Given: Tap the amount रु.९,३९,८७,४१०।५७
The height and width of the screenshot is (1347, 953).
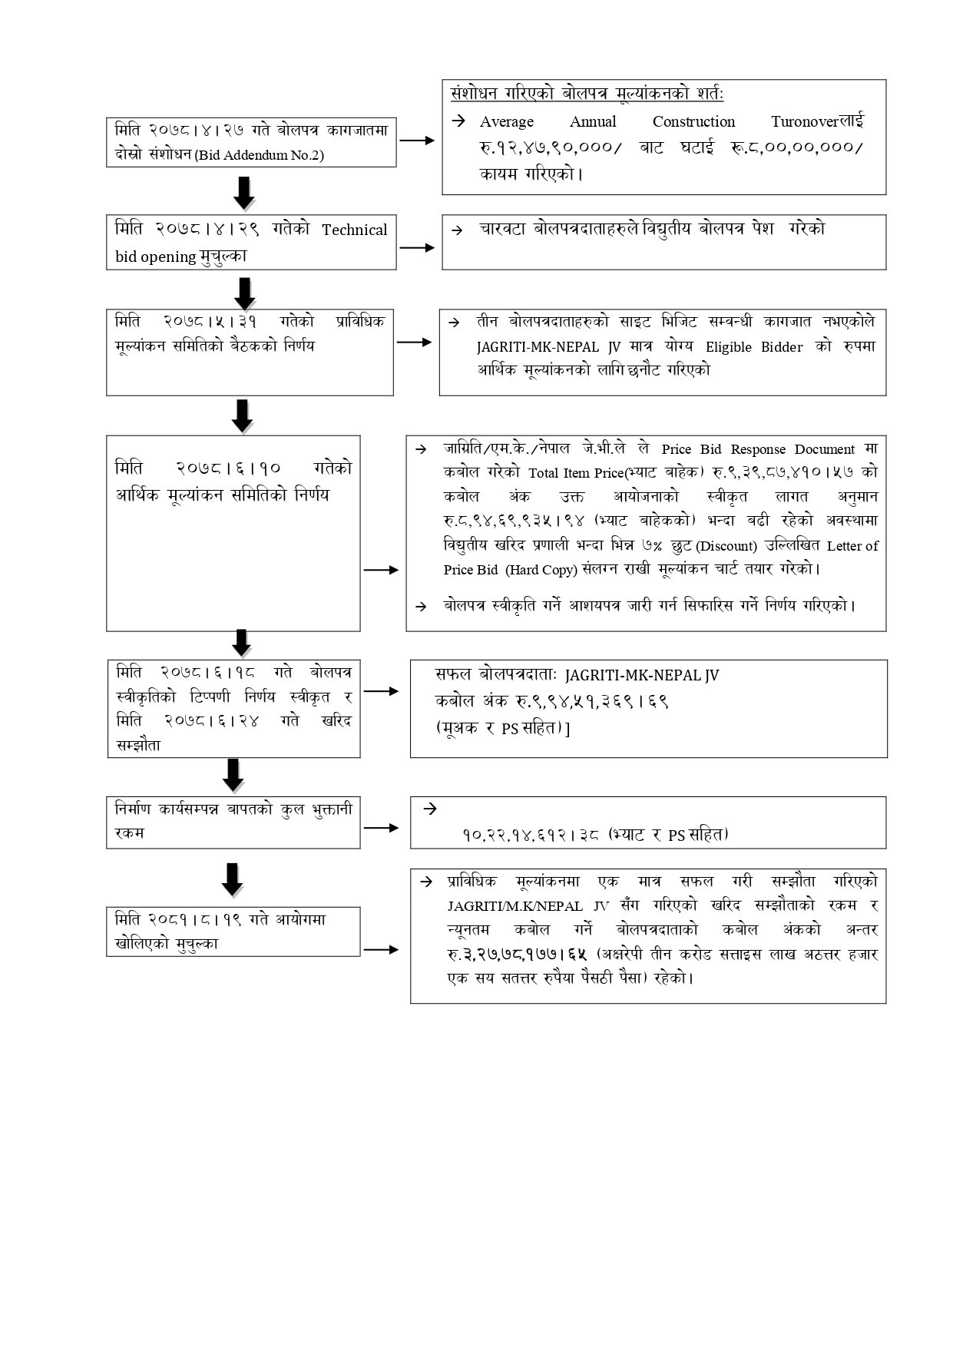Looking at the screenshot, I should pyautogui.click(x=783, y=472).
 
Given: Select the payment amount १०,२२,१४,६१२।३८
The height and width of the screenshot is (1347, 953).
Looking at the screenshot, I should pyautogui.click(x=530, y=834).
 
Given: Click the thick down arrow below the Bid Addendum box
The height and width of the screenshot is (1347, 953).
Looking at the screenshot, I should pyautogui.click(x=244, y=192).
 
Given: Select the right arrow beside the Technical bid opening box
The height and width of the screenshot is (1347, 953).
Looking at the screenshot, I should pyautogui.click(x=418, y=248).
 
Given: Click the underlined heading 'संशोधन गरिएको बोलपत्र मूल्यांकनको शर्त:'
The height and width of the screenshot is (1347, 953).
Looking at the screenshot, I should pyautogui.click(x=587, y=94).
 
